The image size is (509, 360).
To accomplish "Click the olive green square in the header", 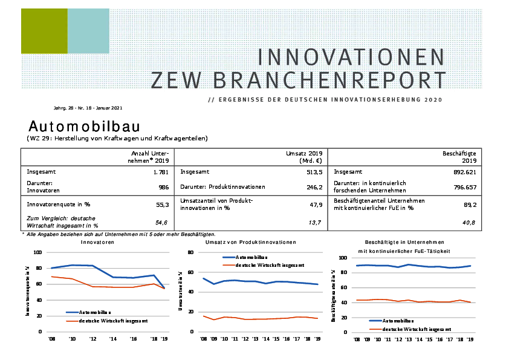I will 44,31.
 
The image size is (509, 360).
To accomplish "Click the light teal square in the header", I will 88,31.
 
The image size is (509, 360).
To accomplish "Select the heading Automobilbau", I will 85,126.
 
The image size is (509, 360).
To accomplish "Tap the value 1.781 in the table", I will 161,172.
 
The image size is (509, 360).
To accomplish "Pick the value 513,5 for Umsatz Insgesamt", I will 313,172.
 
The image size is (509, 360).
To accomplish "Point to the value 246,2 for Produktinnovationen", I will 313,187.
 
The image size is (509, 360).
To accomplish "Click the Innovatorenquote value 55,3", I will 162,205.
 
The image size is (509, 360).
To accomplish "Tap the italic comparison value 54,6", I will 162,223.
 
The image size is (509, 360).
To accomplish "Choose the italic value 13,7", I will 314,223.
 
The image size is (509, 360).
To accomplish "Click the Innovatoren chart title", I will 98,242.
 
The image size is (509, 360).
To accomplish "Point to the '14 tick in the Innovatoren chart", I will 113,339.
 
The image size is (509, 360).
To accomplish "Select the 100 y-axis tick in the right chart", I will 342,258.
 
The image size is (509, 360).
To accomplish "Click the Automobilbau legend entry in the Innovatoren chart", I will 94,312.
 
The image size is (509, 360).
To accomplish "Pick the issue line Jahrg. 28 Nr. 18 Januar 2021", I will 88,108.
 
